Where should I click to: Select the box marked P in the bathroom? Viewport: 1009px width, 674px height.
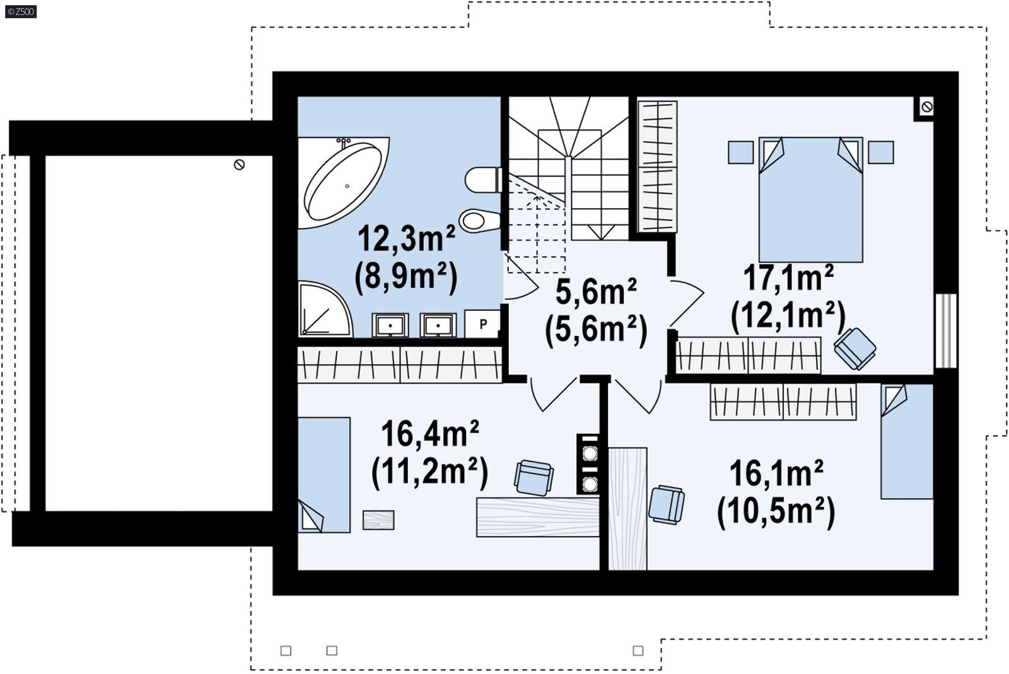click(x=482, y=324)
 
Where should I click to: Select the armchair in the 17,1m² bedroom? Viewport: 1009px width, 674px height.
click(x=854, y=347)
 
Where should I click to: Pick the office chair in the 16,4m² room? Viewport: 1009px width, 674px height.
click(x=534, y=477)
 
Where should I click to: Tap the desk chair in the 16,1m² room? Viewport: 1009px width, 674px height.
click(x=666, y=504)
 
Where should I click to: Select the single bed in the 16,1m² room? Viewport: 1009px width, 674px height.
click(x=907, y=441)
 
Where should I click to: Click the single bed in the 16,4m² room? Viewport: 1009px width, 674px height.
click(x=324, y=474)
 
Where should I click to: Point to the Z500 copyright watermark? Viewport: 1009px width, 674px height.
click(x=20, y=11)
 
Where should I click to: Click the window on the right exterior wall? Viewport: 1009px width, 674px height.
click(x=945, y=330)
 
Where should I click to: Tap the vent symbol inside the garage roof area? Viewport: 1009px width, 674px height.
click(x=239, y=165)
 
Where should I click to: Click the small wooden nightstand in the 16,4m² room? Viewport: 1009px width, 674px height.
click(x=378, y=520)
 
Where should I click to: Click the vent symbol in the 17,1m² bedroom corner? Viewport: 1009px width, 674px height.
click(x=926, y=107)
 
